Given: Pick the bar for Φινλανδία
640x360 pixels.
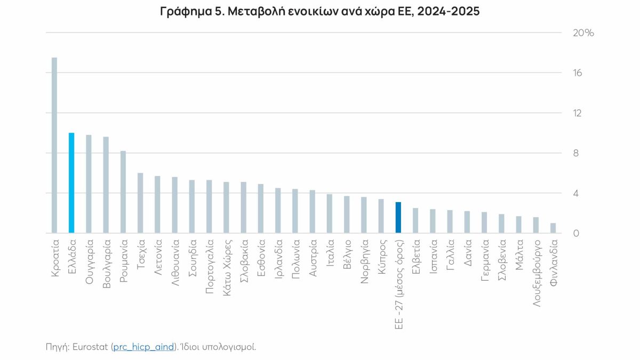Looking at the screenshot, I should pyautogui.click(x=553, y=228).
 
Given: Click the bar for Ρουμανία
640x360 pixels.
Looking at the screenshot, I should pyautogui.click(x=123, y=192).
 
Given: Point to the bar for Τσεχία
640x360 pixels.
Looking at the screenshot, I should pyautogui.click(x=140, y=203).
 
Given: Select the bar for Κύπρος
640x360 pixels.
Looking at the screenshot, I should pyautogui.click(x=381, y=216).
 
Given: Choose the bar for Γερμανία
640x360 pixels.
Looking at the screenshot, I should pyautogui.click(x=484, y=222).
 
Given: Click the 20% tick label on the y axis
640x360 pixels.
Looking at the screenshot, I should pyautogui.click(x=583, y=33).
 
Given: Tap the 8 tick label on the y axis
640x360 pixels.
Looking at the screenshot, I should pyautogui.click(x=577, y=153).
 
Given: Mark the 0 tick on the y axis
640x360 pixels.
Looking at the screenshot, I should pyautogui.click(x=577, y=233).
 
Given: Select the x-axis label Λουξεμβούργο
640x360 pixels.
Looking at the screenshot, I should pyautogui.click(x=535, y=272).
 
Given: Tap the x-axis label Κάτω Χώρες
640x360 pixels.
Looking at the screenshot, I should pyautogui.click(x=226, y=265).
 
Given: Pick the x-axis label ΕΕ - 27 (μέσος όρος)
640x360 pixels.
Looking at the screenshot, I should pyautogui.click(x=398, y=285).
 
